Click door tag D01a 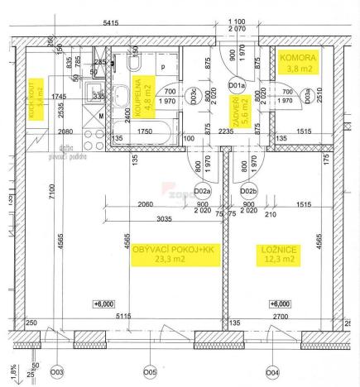[237, 84]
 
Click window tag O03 [57, 371]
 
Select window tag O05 [150, 371]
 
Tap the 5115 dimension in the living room [124, 316]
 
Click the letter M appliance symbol [101, 117]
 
